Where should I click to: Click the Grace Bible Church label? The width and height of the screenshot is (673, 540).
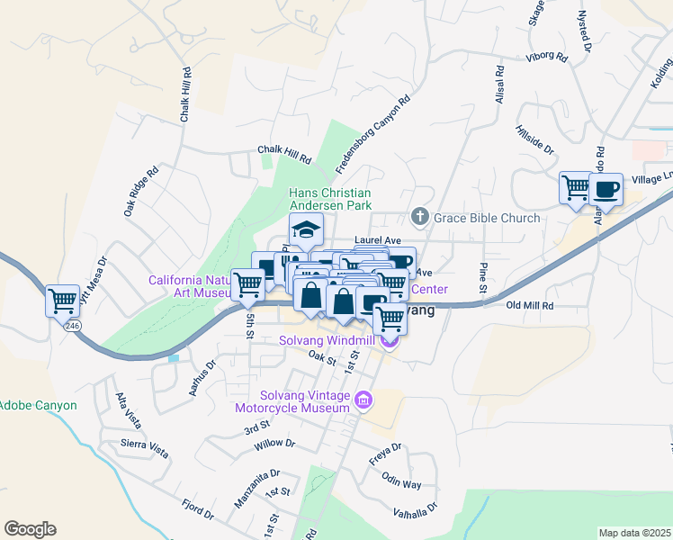(x=487, y=218)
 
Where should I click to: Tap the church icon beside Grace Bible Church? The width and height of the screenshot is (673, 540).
(x=419, y=217)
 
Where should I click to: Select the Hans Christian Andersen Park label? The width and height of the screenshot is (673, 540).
(x=329, y=199)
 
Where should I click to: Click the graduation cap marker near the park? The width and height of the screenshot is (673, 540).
(x=306, y=229)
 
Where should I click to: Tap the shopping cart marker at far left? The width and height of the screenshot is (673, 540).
(x=63, y=300)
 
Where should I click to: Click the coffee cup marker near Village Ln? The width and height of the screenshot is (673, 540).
(x=606, y=189)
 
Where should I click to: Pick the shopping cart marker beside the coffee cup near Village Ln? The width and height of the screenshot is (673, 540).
(x=576, y=189)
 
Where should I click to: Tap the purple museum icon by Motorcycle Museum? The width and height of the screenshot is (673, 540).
(x=363, y=400)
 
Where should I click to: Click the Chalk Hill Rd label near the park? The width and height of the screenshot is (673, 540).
(x=283, y=154)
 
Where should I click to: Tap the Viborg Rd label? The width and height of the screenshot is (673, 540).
(x=547, y=58)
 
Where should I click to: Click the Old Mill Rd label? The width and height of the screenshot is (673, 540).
(x=530, y=306)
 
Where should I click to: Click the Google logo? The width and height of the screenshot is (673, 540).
(x=30, y=529)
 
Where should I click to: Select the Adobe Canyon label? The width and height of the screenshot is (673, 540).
(x=38, y=405)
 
